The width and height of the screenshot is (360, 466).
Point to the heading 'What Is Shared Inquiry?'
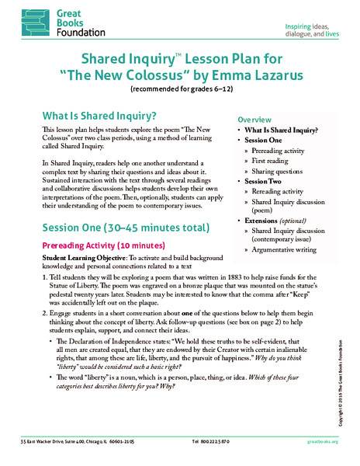pyautogui.click(x=96, y=114)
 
